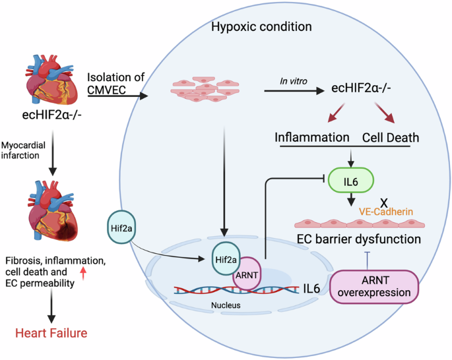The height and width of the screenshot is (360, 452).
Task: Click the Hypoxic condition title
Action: pos(261,27)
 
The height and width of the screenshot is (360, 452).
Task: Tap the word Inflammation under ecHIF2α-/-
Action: pos(312,139)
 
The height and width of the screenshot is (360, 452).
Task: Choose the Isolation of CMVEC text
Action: pos(115,83)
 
